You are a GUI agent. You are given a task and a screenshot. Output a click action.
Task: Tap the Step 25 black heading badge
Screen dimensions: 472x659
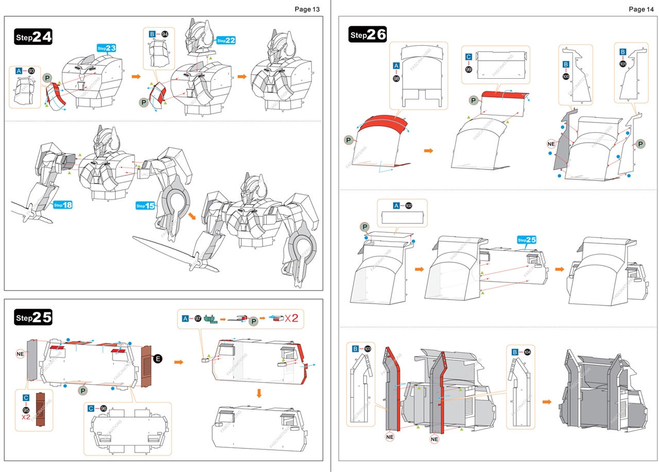pyautogui.click(x=33, y=318)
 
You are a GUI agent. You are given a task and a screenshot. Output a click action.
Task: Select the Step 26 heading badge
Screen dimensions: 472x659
pyautogui.click(x=367, y=35)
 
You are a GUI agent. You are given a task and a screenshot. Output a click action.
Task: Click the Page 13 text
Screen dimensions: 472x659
pyautogui.click(x=307, y=9)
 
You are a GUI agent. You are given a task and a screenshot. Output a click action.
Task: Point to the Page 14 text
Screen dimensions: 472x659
pyautogui.click(x=641, y=9)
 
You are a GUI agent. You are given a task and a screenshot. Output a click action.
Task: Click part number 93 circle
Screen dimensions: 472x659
pyautogui.click(x=32, y=71)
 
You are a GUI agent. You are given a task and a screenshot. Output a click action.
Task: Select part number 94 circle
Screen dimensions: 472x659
pyautogui.click(x=165, y=34)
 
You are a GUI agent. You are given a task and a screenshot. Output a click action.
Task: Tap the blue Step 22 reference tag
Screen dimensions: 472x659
pyautogui.click(x=226, y=40)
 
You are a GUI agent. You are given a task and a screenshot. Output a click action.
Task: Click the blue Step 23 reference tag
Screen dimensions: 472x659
pyautogui.click(x=107, y=48)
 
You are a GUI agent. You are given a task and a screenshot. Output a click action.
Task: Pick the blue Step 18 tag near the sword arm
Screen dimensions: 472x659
pyautogui.click(x=62, y=205)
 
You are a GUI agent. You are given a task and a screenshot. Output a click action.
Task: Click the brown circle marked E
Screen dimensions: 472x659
pyautogui.click(x=158, y=358)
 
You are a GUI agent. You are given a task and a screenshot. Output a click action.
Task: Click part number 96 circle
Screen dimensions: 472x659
pyautogui.click(x=104, y=409)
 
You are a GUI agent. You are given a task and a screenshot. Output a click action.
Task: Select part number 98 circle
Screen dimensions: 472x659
pyautogui.click(x=396, y=78)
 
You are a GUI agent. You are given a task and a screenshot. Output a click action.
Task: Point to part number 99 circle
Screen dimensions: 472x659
pyautogui.click(x=469, y=69)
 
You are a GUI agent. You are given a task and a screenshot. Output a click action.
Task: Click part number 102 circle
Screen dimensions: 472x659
pyautogui.click(x=409, y=205)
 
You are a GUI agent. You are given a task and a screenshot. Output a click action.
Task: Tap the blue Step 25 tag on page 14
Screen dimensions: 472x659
pyautogui.click(x=527, y=240)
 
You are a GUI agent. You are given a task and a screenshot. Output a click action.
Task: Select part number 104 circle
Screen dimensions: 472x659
pyautogui.click(x=527, y=352)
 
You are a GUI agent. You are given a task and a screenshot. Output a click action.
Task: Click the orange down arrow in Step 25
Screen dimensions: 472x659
pyautogui.click(x=259, y=393)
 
